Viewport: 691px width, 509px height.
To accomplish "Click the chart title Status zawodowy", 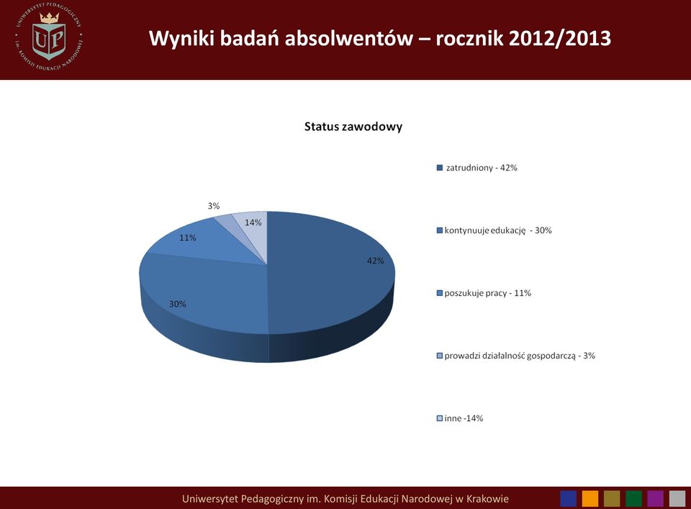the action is click(353, 127).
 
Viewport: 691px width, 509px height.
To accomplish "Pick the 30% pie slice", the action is click(203, 295).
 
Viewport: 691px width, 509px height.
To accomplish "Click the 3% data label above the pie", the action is click(214, 206).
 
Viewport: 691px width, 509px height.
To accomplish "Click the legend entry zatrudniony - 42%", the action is click(477, 168).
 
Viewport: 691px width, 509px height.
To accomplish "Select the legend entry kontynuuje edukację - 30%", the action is click(494, 230).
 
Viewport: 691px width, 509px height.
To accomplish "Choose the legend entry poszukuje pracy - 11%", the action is click(484, 293).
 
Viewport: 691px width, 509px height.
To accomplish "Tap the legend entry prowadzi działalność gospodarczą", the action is click(515, 356).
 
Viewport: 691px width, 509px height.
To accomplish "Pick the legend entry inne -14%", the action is click(460, 418).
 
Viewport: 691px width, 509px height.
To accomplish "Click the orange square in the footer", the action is click(590, 499).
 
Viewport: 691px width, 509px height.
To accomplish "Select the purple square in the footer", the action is click(655, 499).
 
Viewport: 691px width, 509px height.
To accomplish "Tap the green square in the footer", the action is click(633, 499).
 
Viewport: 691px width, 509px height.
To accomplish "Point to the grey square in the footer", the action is click(677, 499).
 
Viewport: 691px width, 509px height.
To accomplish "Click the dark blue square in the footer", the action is click(569, 499).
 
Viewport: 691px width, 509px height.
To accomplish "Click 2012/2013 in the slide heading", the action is click(560, 38).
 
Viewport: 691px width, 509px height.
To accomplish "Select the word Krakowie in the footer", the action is click(487, 499).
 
